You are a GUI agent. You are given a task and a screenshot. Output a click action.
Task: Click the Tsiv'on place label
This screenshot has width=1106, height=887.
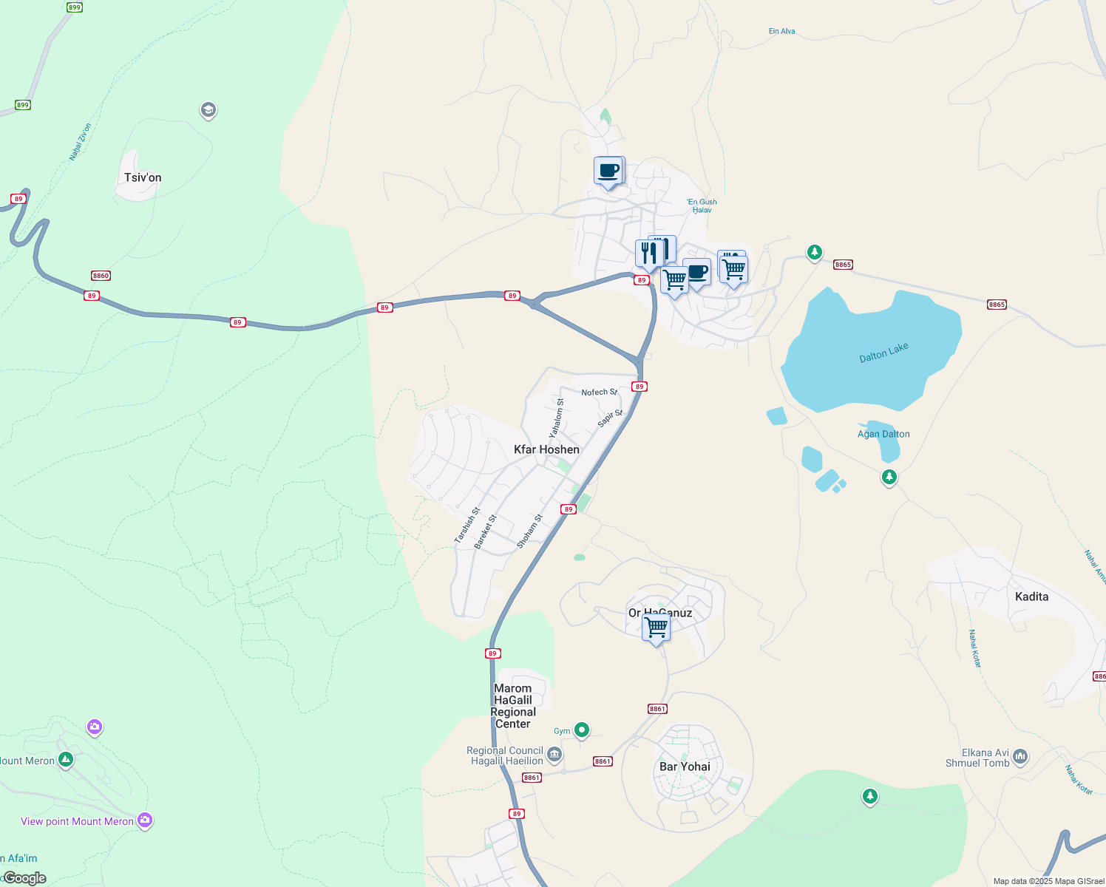click(143, 177)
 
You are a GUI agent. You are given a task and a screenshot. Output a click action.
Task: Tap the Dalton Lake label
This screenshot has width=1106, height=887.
click(883, 353)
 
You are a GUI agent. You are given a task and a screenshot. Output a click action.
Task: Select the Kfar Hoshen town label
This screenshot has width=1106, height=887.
click(546, 449)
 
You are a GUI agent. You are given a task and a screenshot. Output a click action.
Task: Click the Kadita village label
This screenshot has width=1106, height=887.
click(1031, 597)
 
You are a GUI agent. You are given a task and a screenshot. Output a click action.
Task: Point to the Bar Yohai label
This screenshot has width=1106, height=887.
click(685, 767)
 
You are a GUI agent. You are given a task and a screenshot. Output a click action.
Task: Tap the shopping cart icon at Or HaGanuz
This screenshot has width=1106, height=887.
click(657, 628)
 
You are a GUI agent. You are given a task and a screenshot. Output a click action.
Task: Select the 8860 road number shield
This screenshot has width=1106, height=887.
click(101, 276)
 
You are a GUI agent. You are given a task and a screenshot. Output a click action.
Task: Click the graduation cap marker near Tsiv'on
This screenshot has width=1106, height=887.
click(208, 110)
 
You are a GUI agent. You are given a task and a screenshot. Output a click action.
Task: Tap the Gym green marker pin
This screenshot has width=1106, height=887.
click(582, 730)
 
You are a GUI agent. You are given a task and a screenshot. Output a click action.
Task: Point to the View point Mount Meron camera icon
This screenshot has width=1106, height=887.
click(145, 820)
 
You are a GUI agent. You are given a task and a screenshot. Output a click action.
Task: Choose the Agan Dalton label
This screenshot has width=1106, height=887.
click(883, 435)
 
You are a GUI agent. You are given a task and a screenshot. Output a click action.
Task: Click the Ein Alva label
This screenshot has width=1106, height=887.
click(781, 31)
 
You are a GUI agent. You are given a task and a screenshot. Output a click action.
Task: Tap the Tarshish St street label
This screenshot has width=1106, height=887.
click(467, 526)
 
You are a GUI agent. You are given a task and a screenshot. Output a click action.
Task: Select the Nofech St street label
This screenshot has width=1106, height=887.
click(599, 392)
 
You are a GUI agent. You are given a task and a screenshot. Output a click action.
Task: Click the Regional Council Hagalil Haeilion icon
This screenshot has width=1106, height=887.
click(554, 755)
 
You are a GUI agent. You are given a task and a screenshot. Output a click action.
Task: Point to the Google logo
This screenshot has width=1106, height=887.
click(25, 878)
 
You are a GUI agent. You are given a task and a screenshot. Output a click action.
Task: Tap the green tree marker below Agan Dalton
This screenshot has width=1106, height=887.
click(889, 477)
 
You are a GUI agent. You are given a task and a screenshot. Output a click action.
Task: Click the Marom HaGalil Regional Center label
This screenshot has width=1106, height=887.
click(513, 706)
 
